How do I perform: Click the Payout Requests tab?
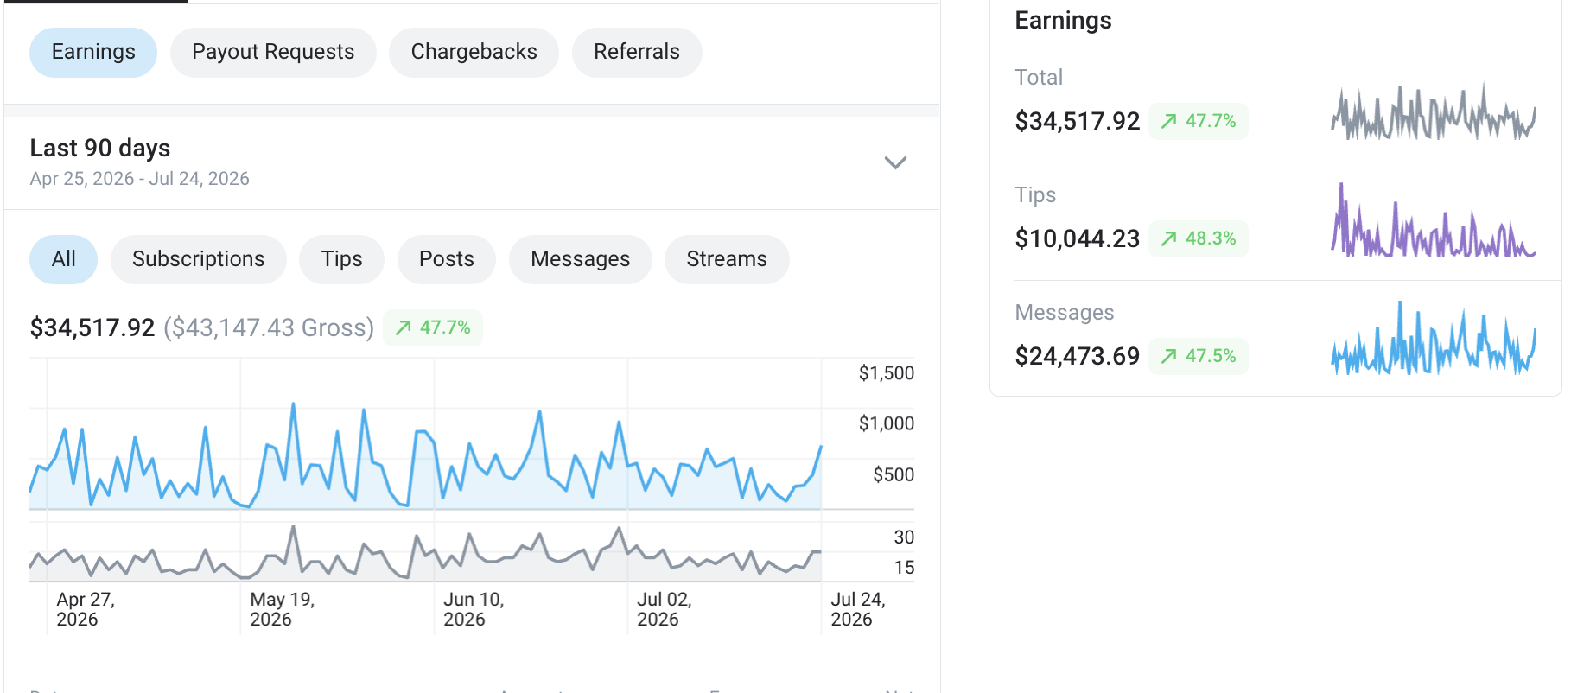tap(273, 52)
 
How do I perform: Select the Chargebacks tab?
tap(474, 52)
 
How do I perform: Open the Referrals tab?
tap(637, 52)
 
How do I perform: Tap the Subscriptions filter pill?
tap(199, 259)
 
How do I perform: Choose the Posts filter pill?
tap(447, 259)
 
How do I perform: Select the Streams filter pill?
tap(727, 259)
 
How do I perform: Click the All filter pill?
tap(64, 259)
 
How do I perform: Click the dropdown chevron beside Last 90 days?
tap(895, 162)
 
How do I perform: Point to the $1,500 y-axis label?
tap(887, 373)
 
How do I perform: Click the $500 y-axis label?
tap(894, 474)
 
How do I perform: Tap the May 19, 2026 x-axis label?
tap(282, 609)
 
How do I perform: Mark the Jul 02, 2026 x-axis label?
tap(665, 609)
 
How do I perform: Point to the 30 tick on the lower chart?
tap(904, 537)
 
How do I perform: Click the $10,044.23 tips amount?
tap(1078, 238)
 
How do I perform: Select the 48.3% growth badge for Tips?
tap(1199, 238)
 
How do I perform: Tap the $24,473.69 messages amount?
tap(1078, 356)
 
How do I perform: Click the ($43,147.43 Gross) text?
tap(269, 328)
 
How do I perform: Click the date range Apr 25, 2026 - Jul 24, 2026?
tap(140, 179)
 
